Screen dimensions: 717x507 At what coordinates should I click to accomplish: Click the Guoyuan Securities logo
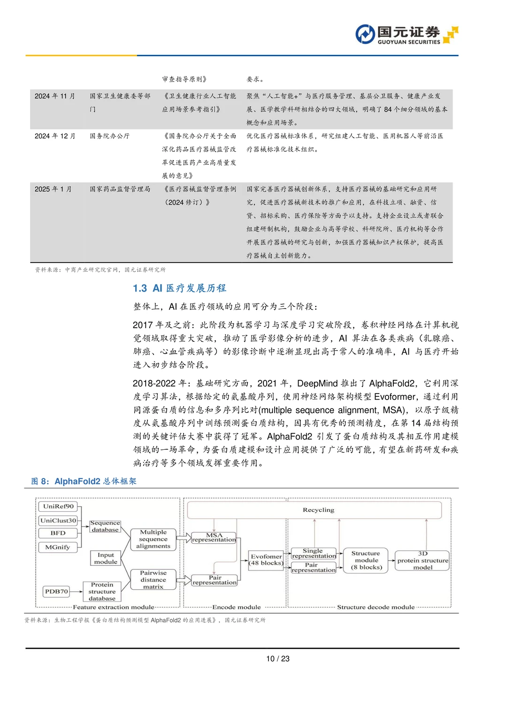(406, 35)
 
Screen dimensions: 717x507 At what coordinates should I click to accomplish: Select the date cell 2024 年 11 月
(54, 96)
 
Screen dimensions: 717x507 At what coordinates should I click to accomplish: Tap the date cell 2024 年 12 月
(54, 136)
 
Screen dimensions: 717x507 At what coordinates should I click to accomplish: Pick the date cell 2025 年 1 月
(53, 189)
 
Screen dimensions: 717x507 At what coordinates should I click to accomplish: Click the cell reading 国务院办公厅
(109, 136)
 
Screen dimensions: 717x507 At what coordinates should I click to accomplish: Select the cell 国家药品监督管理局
(120, 189)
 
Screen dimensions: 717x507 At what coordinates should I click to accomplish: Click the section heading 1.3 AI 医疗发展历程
(179, 288)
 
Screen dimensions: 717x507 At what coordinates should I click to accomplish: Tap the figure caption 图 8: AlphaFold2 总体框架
(84, 481)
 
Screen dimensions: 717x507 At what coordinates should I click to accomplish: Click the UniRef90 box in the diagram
(58, 506)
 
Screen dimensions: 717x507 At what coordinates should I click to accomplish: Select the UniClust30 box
(58, 520)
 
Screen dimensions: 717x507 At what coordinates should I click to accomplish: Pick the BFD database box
(58, 533)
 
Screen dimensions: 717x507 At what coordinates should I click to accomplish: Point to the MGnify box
(58, 547)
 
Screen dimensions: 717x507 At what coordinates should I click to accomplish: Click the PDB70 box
(56, 592)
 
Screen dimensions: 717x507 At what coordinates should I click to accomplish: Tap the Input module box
(106, 558)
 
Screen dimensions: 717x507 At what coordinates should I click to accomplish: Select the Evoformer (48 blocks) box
(266, 560)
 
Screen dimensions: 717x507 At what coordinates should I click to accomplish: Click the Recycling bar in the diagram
(315, 510)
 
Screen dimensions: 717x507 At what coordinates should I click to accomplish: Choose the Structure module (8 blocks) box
(366, 560)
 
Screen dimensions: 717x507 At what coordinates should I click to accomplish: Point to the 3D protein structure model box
(422, 561)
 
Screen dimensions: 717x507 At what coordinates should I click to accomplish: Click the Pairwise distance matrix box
(153, 580)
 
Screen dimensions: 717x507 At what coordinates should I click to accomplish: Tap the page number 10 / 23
(278, 659)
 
